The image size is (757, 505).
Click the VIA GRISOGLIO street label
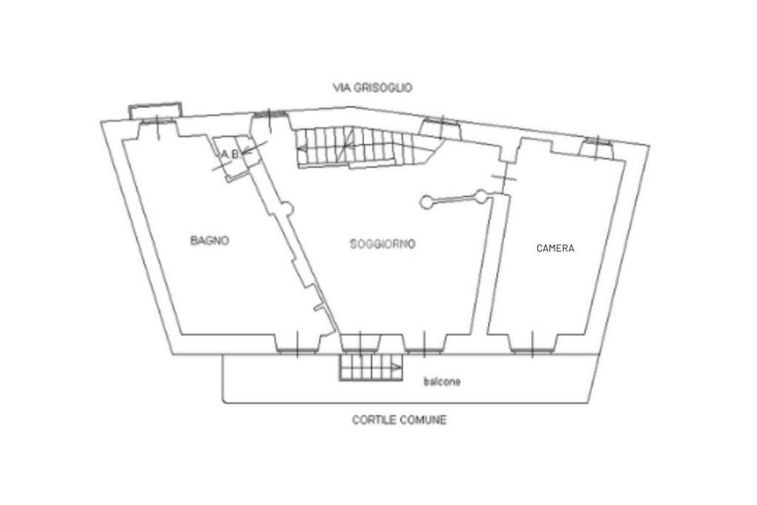click(x=373, y=88)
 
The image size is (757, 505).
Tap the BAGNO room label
click(x=210, y=240)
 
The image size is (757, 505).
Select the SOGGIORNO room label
click(x=382, y=244)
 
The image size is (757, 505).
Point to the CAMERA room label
click(x=555, y=248)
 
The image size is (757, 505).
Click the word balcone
click(x=442, y=382)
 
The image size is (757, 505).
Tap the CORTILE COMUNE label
click(x=399, y=420)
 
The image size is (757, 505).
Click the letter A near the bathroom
click(x=224, y=155)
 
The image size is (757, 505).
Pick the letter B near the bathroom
click(x=234, y=155)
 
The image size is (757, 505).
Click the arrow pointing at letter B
click(x=248, y=153)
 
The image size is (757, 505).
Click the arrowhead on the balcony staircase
click(x=397, y=367)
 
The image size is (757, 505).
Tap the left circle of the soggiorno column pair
click(x=426, y=202)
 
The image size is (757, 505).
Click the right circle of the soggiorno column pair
click(x=482, y=196)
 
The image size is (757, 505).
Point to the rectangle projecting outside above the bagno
click(x=155, y=109)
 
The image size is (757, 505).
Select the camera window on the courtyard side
click(x=532, y=343)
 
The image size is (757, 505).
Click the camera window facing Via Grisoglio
click(x=596, y=148)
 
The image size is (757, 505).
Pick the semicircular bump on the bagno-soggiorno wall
click(x=288, y=211)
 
